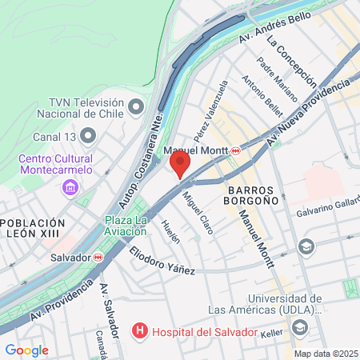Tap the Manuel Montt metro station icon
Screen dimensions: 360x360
tap(236, 151)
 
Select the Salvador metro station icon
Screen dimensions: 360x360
tap(98, 258)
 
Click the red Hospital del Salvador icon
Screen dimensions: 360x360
tap(141, 330)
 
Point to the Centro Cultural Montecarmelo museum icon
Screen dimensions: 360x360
tap(71, 188)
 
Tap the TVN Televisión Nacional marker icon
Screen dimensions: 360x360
tap(135, 106)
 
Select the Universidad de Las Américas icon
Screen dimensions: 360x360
tap(300, 326)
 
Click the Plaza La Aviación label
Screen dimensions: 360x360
tap(126, 226)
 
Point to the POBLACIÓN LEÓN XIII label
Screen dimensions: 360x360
tap(32, 228)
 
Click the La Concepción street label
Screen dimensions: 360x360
tap(291, 60)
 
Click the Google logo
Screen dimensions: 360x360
tap(26, 350)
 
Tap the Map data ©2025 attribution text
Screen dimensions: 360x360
tap(325, 353)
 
